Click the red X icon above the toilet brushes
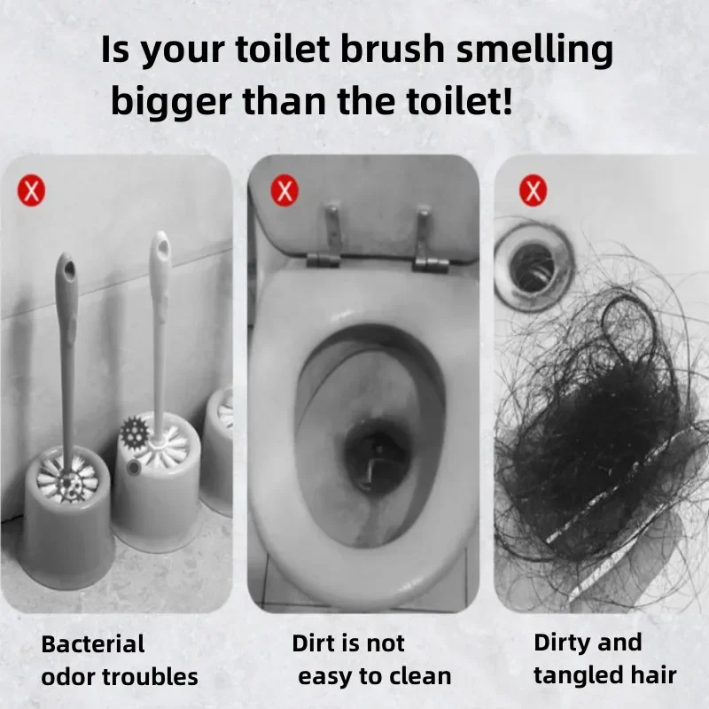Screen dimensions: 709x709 coord(30,191)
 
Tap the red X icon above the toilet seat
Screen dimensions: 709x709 coord(284,190)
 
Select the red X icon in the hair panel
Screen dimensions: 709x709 coord(533,190)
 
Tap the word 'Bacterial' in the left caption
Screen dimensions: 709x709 coord(92,643)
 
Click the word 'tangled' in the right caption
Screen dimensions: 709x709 coord(581,676)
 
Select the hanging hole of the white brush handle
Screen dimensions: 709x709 coord(160,244)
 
